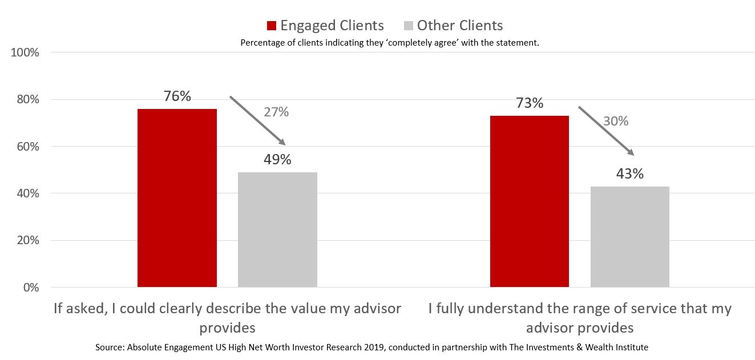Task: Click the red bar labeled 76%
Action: click(177, 197)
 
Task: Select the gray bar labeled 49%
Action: click(277, 229)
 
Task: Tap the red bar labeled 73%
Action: click(530, 201)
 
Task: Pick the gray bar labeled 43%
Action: click(630, 236)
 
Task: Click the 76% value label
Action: click(177, 96)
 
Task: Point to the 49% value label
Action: click(277, 160)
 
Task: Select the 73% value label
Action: click(530, 103)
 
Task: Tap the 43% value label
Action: click(630, 174)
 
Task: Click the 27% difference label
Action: click(276, 112)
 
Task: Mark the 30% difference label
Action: click(616, 121)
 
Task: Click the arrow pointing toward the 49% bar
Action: click(257, 120)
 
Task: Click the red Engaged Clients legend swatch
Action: click(272, 26)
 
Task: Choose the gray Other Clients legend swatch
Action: click(408, 26)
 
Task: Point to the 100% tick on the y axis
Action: click(25, 52)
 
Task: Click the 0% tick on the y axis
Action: click(31, 288)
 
